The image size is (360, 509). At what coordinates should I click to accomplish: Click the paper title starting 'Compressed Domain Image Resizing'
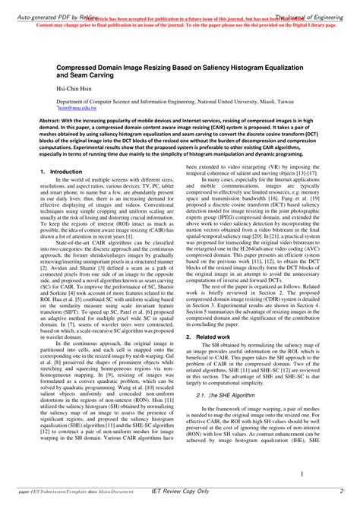(x=178, y=71)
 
